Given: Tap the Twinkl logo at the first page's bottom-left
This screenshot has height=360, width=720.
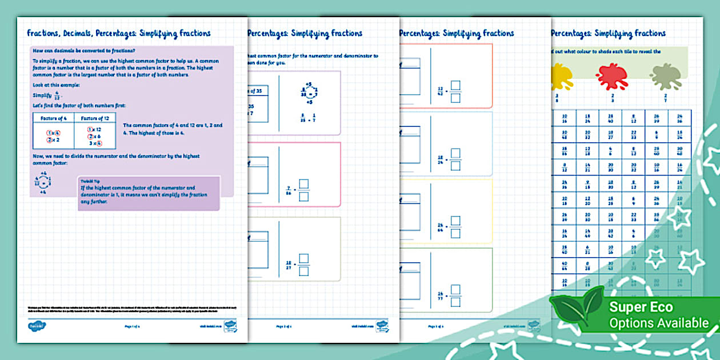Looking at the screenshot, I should pyautogui.click(x=36, y=326).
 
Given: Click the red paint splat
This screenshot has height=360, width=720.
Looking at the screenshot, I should pyautogui.click(x=611, y=76).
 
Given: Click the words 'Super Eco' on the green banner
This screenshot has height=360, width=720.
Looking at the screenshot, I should pyautogui.click(x=641, y=307).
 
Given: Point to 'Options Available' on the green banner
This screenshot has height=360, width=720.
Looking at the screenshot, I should pyautogui.click(x=659, y=323).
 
